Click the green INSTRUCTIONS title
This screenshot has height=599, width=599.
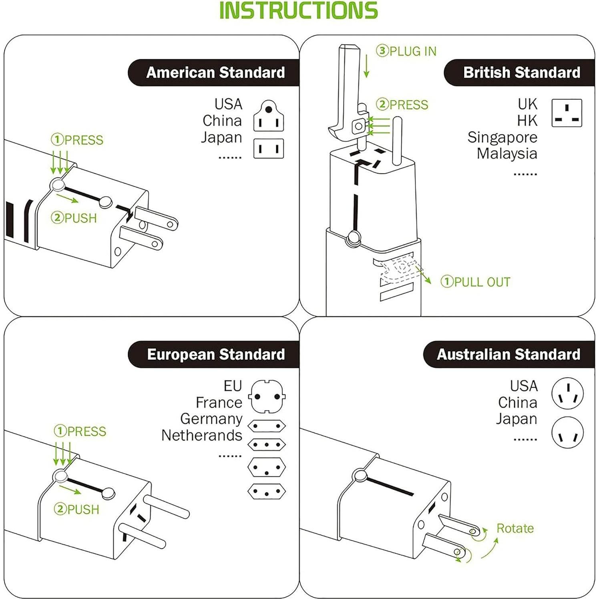click(x=298, y=11)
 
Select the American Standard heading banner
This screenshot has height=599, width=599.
click(x=215, y=73)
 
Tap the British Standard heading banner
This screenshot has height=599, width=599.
click(x=521, y=73)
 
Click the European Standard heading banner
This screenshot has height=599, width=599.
click(x=215, y=355)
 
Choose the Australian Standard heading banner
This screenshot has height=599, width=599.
click(x=508, y=355)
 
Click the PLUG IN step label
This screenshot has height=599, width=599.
click(x=406, y=51)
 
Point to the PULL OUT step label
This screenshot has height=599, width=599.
click(x=476, y=282)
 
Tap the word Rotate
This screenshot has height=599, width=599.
click(x=515, y=529)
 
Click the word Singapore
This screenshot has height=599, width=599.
click(x=502, y=137)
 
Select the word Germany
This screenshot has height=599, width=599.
click(x=211, y=419)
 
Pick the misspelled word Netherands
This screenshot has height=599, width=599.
click(x=201, y=435)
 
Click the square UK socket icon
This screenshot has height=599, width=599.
click(x=567, y=113)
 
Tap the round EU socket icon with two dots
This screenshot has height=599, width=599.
click(x=267, y=396)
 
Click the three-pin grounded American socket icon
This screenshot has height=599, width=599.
click(x=269, y=117)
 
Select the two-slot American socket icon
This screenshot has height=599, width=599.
click(x=269, y=149)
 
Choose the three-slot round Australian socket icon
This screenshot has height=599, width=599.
click(x=567, y=393)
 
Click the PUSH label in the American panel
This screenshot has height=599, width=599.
click(x=74, y=218)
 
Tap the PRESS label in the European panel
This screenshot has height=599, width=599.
click(x=80, y=431)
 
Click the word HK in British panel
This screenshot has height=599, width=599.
click(x=527, y=121)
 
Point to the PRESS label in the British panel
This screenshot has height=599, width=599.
click(x=402, y=105)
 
